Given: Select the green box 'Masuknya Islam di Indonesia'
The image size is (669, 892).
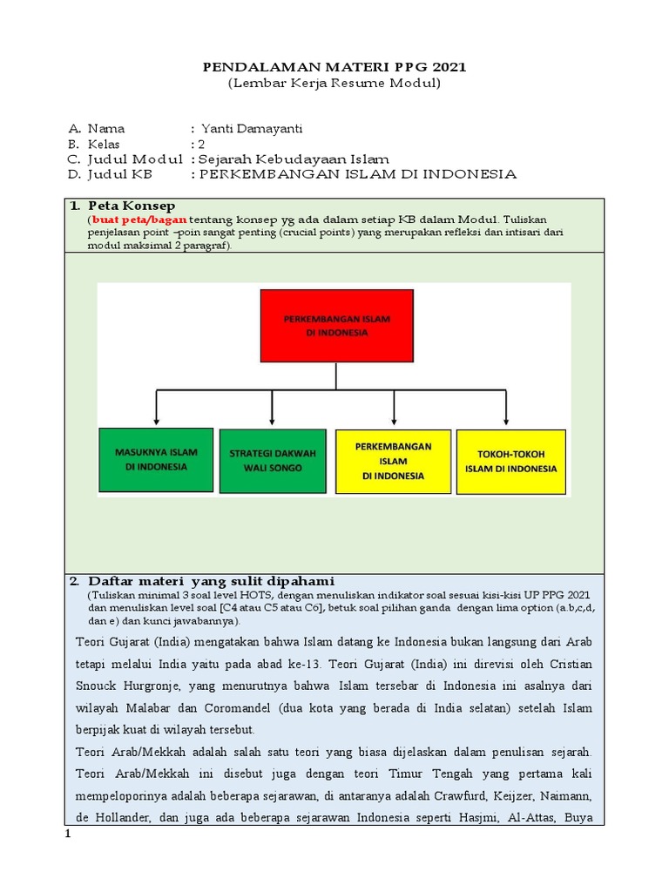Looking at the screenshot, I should pyautogui.click(x=156, y=460).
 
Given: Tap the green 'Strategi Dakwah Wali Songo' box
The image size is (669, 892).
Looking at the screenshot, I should pyautogui.click(x=272, y=461).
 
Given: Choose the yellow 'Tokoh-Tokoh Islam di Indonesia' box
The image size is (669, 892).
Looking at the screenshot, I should pyautogui.click(x=510, y=462).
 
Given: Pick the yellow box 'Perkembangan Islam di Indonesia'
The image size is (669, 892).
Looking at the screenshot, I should pyautogui.click(x=393, y=461).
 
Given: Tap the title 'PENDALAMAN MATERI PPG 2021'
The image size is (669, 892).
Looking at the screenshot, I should pyautogui.click(x=334, y=67).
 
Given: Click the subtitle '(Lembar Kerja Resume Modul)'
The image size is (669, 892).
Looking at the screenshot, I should pyautogui.click(x=334, y=84).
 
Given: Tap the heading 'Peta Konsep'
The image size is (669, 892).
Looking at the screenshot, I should pyautogui.click(x=124, y=206).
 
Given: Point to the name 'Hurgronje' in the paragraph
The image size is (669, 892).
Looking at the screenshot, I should pyautogui.click(x=151, y=686).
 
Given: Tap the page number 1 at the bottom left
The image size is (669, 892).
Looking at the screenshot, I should pyautogui.click(x=68, y=835).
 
